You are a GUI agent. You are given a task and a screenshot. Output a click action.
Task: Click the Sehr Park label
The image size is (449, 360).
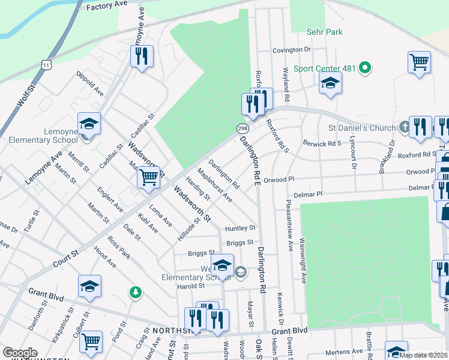point(325,32)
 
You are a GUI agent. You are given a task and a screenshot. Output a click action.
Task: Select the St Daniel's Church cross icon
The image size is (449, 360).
point(404,127)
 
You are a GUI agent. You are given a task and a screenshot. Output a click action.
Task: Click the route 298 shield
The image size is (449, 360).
point(242,129)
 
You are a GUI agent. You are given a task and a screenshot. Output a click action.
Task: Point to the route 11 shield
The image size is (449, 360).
point(46,64)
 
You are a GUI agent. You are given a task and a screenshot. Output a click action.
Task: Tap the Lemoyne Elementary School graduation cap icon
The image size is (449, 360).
point(89,125)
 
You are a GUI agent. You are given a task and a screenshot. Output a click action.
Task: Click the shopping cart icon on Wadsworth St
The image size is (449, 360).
point(148,178)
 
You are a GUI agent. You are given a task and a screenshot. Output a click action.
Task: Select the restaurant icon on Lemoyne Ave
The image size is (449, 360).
point(142,57)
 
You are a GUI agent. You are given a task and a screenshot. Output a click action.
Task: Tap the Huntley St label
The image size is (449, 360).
point(240,228)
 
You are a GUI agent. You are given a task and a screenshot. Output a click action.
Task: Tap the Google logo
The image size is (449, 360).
point(20,353)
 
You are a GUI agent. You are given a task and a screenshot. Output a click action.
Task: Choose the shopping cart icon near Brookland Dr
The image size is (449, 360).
point(419,62)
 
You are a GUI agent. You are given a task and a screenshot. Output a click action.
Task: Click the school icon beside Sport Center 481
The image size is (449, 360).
point(330,84)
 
